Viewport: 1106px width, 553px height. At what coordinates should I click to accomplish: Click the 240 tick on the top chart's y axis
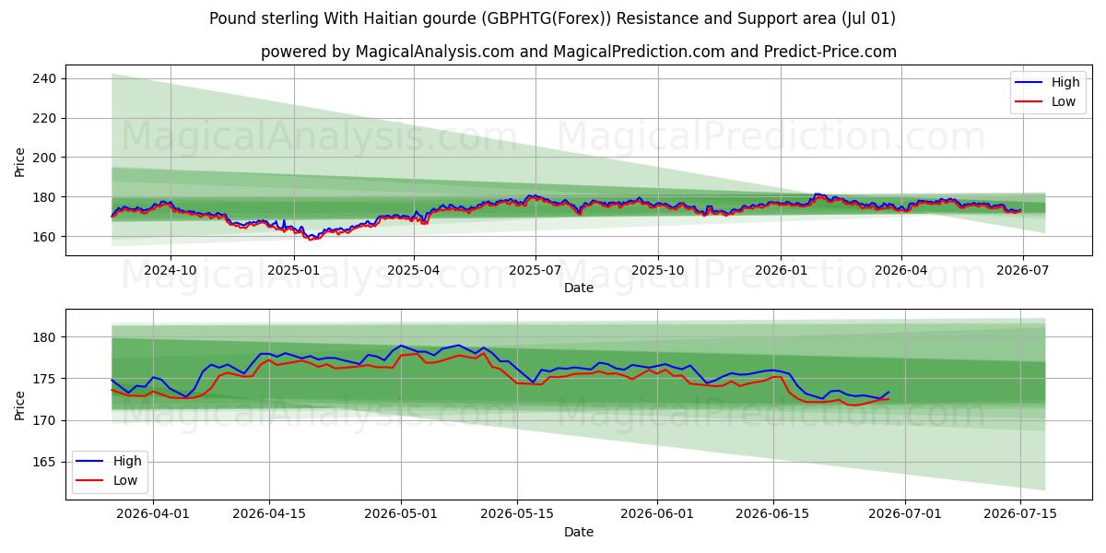point(44,78)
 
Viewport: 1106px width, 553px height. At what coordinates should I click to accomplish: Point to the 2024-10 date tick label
point(171,271)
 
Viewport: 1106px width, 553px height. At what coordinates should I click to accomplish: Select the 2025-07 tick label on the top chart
point(535,271)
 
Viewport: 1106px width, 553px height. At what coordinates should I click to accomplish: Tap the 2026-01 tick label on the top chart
point(781,271)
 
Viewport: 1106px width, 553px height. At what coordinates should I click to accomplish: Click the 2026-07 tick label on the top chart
point(1022,271)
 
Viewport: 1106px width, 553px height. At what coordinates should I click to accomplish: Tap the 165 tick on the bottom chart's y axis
point(44,462)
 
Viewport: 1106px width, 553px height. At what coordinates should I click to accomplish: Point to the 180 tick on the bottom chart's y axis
point(44,337)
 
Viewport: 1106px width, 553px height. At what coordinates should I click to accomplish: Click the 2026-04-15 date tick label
point(269,514)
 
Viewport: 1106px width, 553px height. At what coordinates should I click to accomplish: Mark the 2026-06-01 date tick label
point(656,514)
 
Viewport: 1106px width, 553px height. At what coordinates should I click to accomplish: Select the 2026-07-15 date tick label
point(1020,514)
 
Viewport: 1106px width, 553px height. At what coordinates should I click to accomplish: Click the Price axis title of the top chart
point(19,162)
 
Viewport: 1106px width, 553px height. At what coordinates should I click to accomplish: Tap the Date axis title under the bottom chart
point(579,532)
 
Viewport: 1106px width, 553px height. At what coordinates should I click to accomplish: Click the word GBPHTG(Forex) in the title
point(546,18)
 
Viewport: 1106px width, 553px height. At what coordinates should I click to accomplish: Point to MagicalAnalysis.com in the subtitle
point(434,52)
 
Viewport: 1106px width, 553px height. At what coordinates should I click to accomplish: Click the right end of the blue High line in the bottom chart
point(888,392)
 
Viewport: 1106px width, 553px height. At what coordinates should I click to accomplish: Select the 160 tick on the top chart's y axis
point(44,237)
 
